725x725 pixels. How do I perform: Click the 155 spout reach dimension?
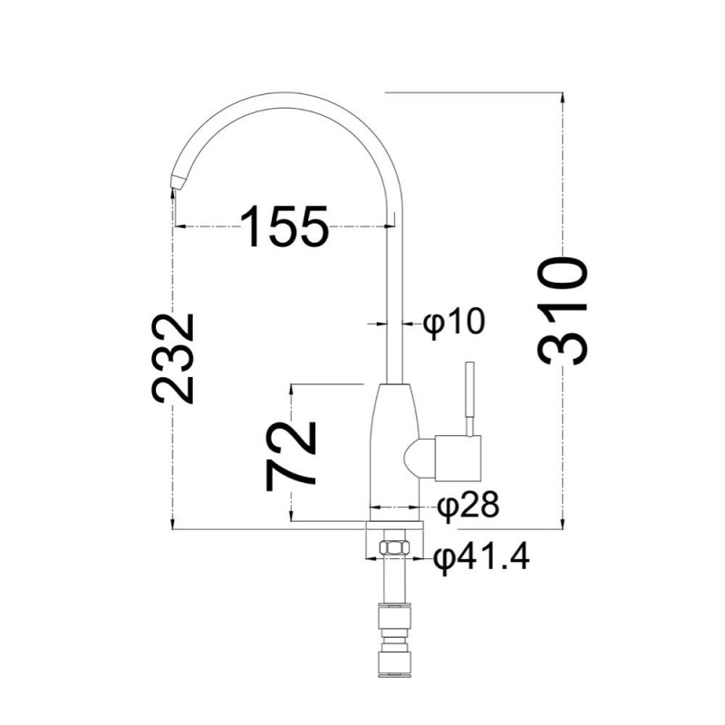pos(284,226)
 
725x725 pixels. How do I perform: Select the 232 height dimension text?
pos(172,359)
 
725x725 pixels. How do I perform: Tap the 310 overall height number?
pos(563,312)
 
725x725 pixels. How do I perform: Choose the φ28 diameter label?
pos(469,506)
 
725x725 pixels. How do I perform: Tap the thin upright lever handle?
pos(469,399)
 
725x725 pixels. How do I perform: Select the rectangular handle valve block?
pos(458,458)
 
